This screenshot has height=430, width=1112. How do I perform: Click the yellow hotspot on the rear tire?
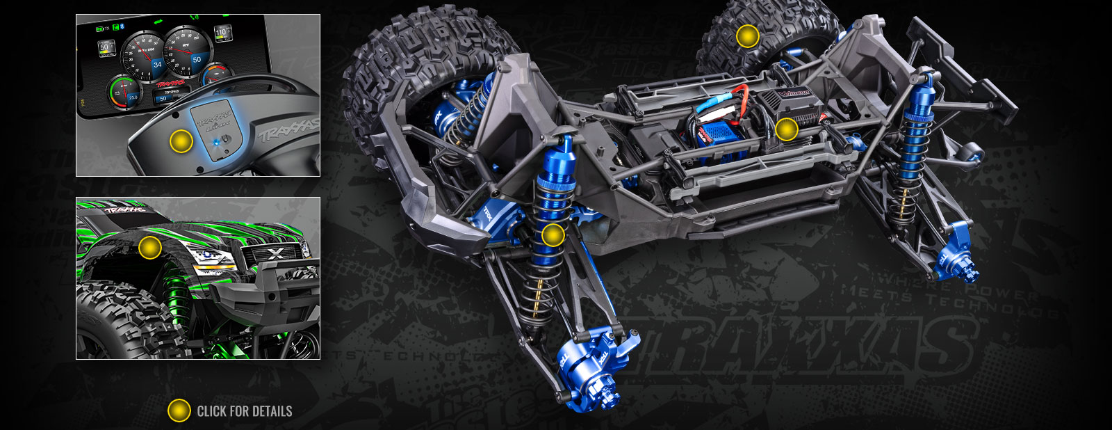(x=748, y=36)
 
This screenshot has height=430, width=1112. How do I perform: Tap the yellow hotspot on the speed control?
(x=786, y=129)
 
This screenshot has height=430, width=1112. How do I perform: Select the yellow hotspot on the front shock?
(x=553, y=235)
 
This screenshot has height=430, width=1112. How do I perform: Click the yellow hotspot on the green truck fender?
(x=149, y=247)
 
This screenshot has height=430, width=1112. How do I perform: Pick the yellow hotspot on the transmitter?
(x=181, y=141)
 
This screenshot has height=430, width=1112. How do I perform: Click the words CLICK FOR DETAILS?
(x=245, y=411)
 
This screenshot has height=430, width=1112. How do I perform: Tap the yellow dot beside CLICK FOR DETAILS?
(x=179, y=411)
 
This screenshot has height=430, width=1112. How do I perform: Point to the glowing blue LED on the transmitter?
(x=218, y=141)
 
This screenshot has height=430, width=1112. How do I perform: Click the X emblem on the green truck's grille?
(x=275, y=254)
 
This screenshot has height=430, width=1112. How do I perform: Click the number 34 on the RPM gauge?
(x=157, y=64)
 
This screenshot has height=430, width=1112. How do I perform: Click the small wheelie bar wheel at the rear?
(x=971, y=151)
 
